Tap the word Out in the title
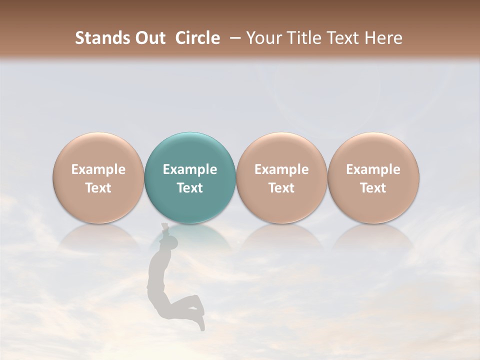point(150,38)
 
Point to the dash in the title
point(233,38)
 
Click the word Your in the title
point(263,38)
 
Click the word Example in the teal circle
point(190,169)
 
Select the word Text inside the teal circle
point(190,188)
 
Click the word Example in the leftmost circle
point(98,169)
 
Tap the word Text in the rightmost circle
point(373,188)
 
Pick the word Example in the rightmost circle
point(373,169)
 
